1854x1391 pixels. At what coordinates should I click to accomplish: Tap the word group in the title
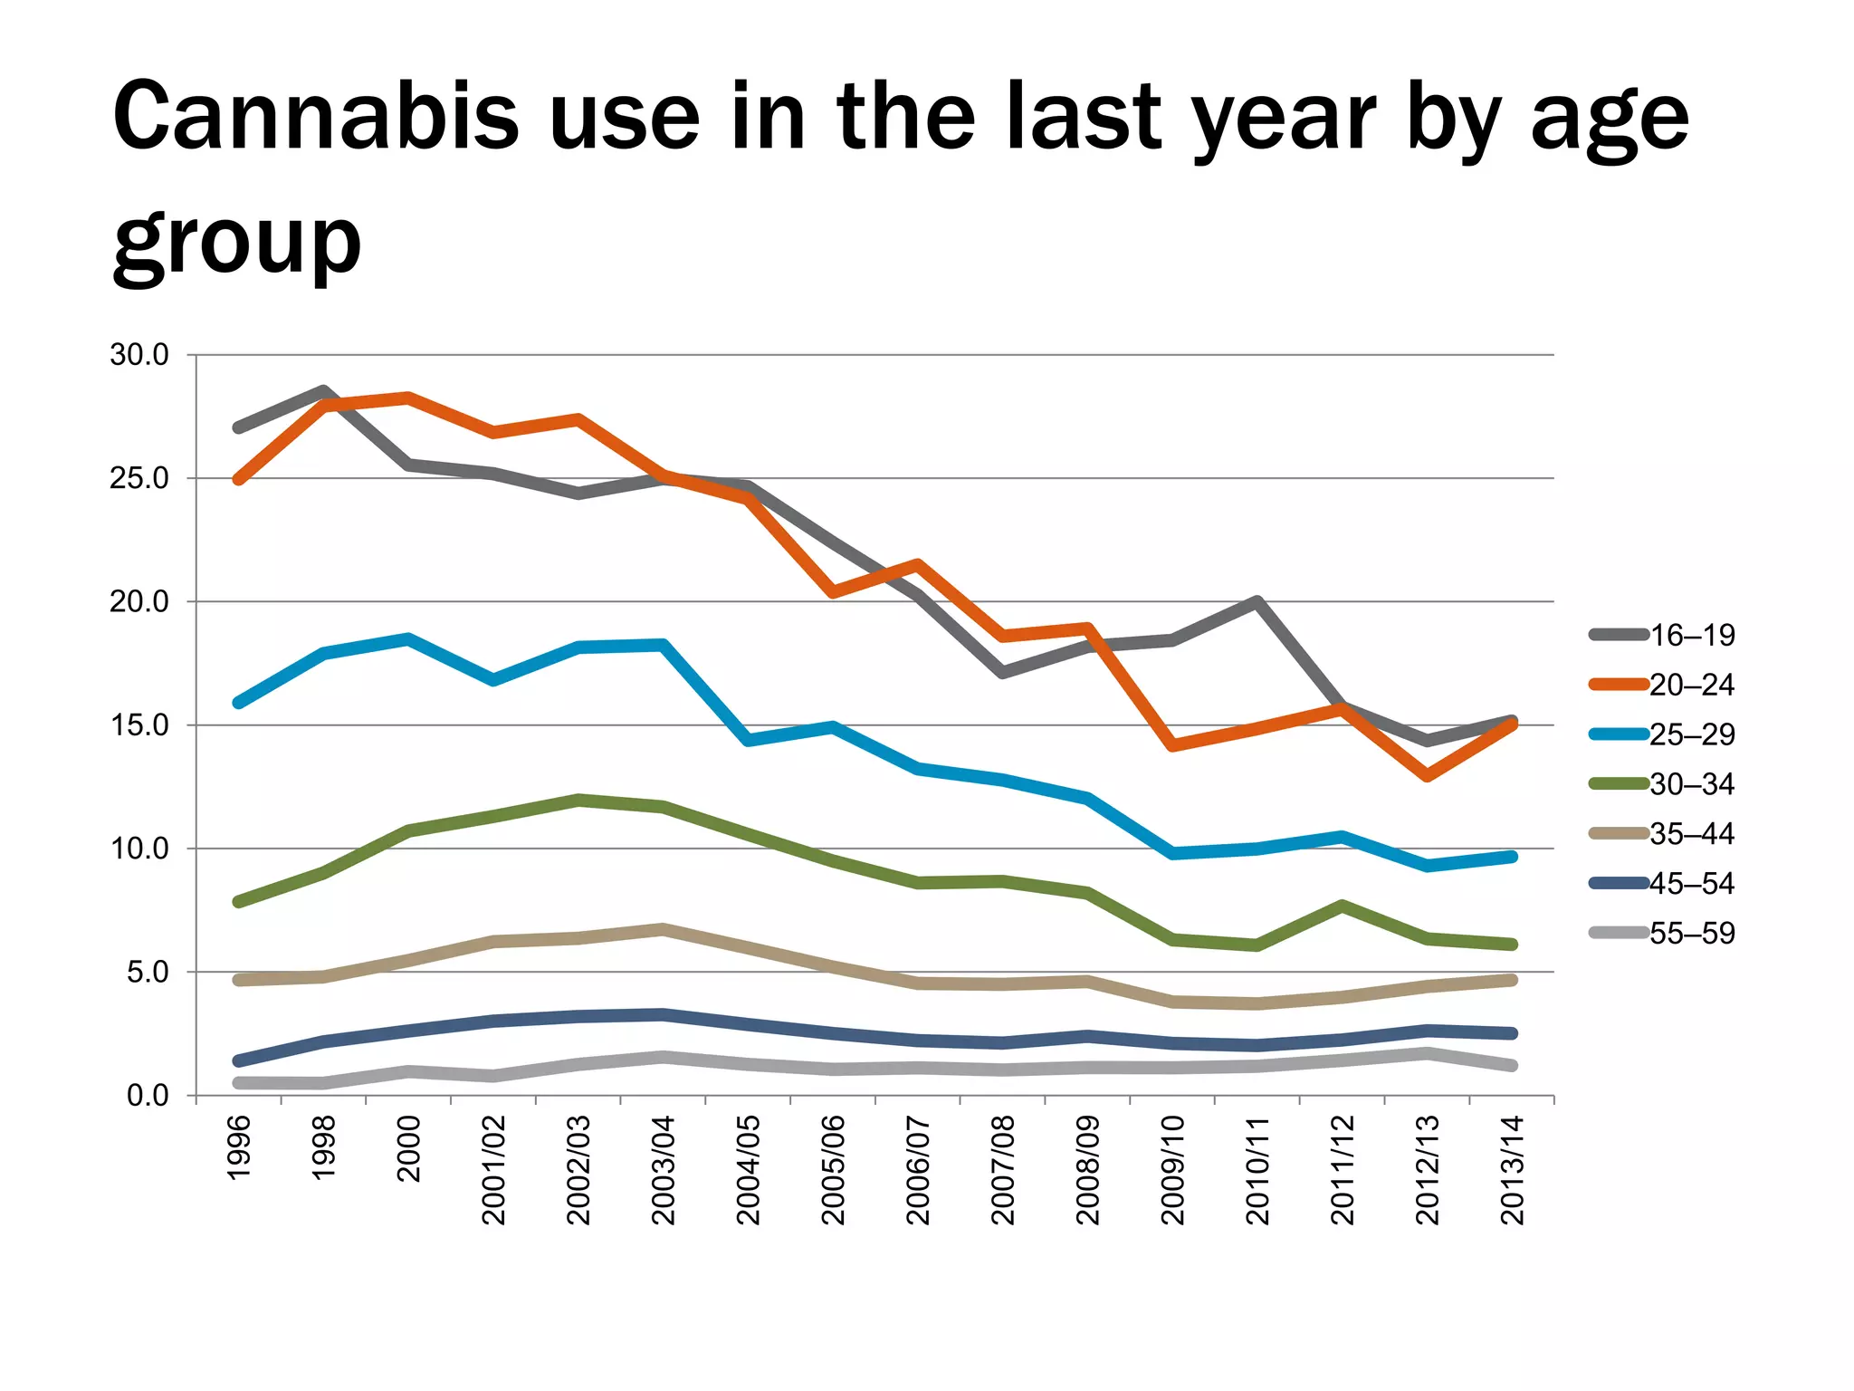click(237, 243)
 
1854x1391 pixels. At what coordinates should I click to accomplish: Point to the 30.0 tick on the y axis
click(139, 355)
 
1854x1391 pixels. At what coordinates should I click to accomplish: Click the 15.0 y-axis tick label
click(139, 725)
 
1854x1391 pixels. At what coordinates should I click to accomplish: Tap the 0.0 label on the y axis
click(148, 1096)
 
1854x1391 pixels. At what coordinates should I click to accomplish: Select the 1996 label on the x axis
click(238, 1148)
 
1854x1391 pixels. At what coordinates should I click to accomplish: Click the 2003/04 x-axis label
click(664, 1170)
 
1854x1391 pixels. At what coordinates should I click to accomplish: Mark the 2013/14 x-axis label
click(1512, 1170)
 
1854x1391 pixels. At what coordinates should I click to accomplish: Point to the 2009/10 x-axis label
click(1172, 1170)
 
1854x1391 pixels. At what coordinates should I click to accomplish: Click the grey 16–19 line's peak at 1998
click(324, 391)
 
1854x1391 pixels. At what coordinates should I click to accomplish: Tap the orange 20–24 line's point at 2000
click(408, 397)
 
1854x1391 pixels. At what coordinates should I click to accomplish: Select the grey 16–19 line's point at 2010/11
click(1257, 601)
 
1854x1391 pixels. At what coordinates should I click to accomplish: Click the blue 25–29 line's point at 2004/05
click(748, 740)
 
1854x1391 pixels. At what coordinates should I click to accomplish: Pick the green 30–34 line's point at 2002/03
click(578, 800)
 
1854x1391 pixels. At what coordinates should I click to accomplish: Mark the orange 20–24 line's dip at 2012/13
click(1427, 776)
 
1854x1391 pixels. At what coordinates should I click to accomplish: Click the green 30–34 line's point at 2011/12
click(1342, 905)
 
